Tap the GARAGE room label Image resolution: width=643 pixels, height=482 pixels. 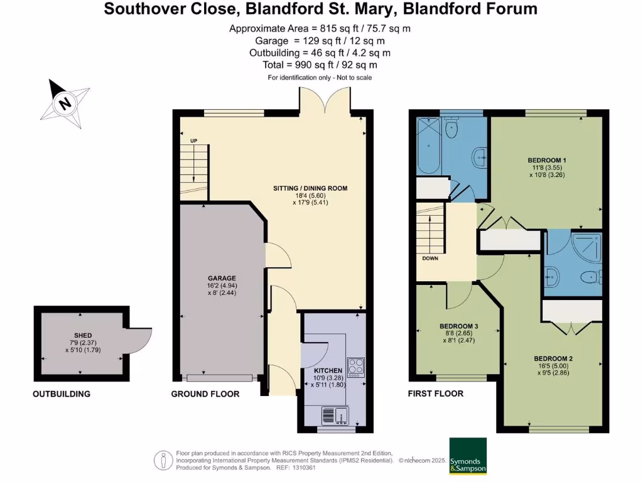[222, 278]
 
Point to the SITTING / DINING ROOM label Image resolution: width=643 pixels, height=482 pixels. [310, 188]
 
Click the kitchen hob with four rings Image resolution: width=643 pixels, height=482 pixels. [355, 367]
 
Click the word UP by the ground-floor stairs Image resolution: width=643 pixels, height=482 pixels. [194, 140]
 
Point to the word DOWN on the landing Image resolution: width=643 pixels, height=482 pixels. [430, 258]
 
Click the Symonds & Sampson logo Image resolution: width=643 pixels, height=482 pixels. [468, 456]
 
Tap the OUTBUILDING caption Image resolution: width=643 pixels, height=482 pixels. [62, 394]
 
